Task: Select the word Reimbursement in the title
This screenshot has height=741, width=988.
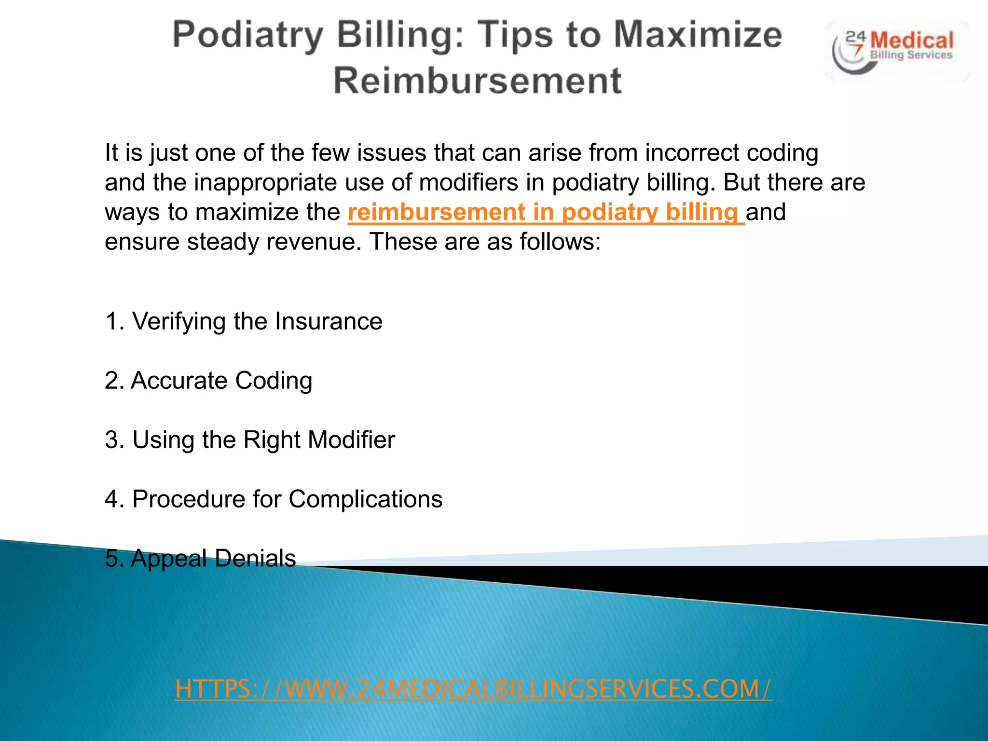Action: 478,80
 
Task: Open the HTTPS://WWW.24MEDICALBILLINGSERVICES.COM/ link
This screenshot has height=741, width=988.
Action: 473,689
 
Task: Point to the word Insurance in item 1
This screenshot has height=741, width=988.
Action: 329,321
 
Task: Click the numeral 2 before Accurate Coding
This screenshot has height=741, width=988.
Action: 111,381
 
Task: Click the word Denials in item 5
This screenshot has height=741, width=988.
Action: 255,559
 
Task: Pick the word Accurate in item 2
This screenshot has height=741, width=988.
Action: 179,381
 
